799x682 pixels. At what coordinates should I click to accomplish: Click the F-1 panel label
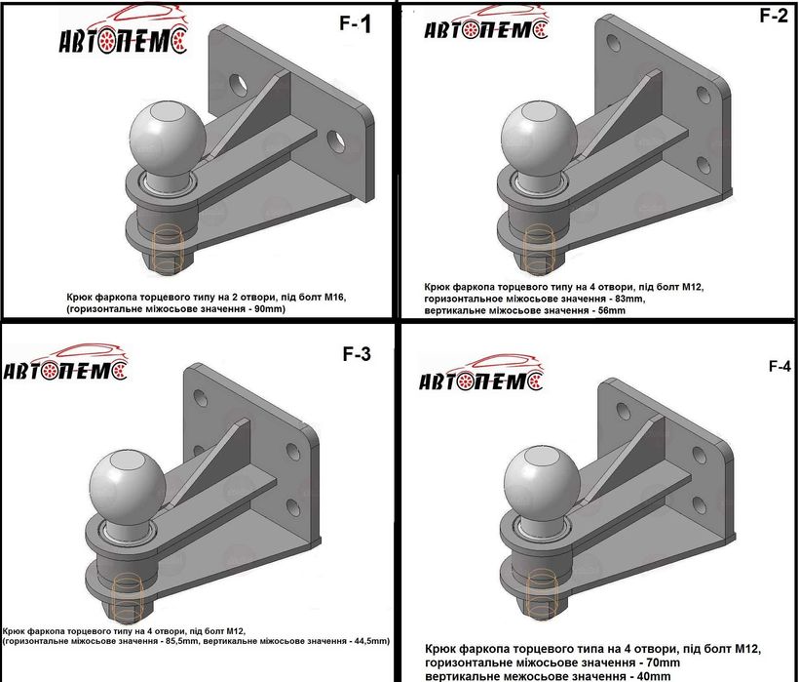(x=356, y=23)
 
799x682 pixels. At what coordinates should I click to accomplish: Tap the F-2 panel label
(x=773, y=16)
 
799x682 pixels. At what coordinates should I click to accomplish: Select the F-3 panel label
(x=357, y=353)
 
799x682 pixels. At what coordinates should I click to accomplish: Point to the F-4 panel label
(x=780, y=366)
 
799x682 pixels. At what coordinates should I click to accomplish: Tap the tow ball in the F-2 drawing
(x=539, y=133)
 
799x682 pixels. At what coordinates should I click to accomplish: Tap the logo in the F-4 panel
(x=481, y=373)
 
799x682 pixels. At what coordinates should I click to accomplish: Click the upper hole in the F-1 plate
(x=238, y=86)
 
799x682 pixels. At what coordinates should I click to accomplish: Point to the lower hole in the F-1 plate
(x=336, y=141)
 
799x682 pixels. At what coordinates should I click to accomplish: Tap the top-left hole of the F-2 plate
(x=614, y=43)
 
